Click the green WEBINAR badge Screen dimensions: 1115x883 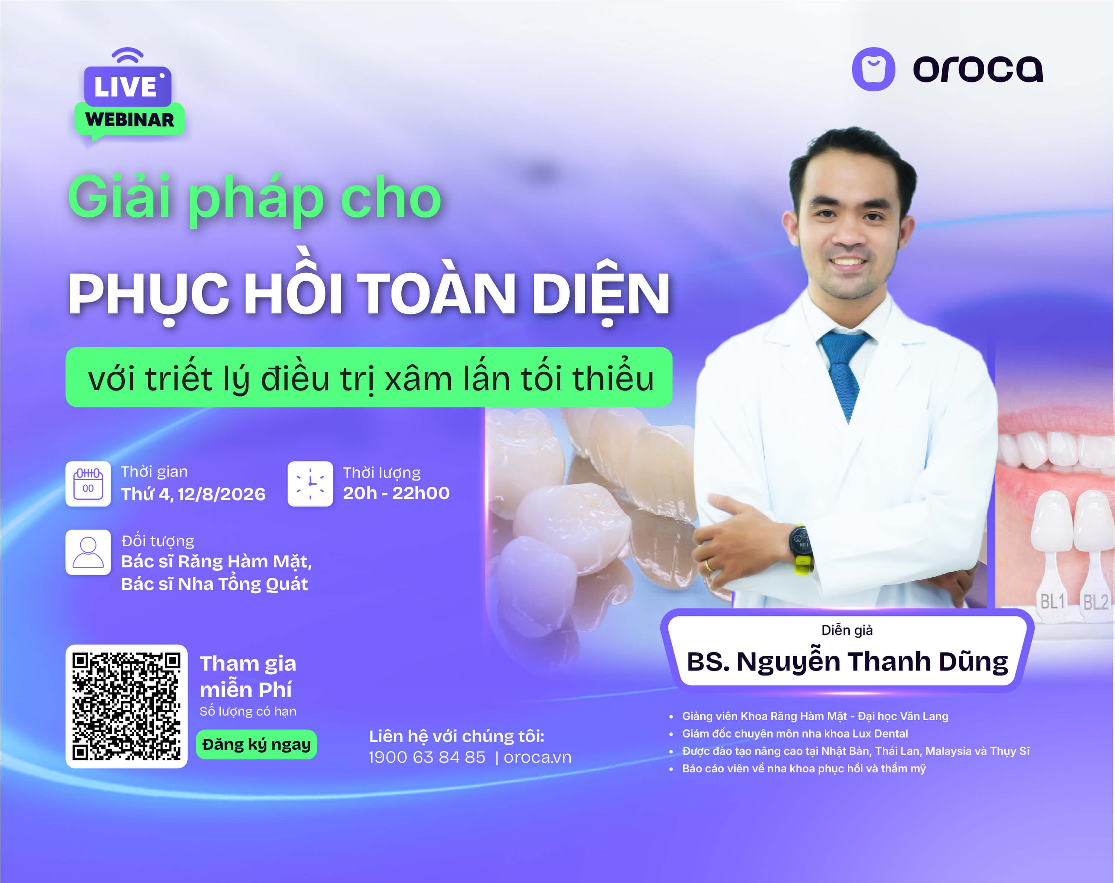(x=129, y=120)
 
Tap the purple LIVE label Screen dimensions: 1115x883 (x=127, y=86)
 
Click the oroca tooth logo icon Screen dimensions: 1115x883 (x=873, y=69)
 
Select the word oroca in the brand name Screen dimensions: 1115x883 (x=978, y=69)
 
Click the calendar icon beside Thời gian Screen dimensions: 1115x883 (x=88, y=484)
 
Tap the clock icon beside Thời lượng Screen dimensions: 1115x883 (x=310, y=484)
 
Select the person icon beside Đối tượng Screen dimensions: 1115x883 (x=88, y=552)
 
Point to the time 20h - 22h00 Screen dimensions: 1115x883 (x=396, y=493)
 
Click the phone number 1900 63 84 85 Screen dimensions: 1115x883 (x=427, y=757)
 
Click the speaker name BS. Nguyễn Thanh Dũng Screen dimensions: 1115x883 (x=847, y=662)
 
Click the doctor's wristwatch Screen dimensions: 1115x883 (x=801, y=550)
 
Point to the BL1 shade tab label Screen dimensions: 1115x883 (x=1053, y=601)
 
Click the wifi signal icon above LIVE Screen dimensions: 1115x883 (x=127, y=55)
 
